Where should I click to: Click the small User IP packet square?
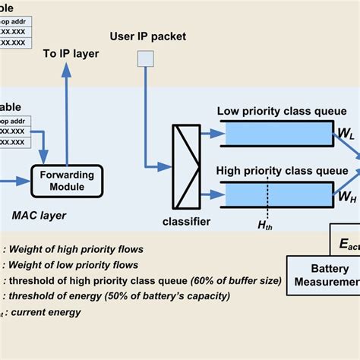pos(144,59)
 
